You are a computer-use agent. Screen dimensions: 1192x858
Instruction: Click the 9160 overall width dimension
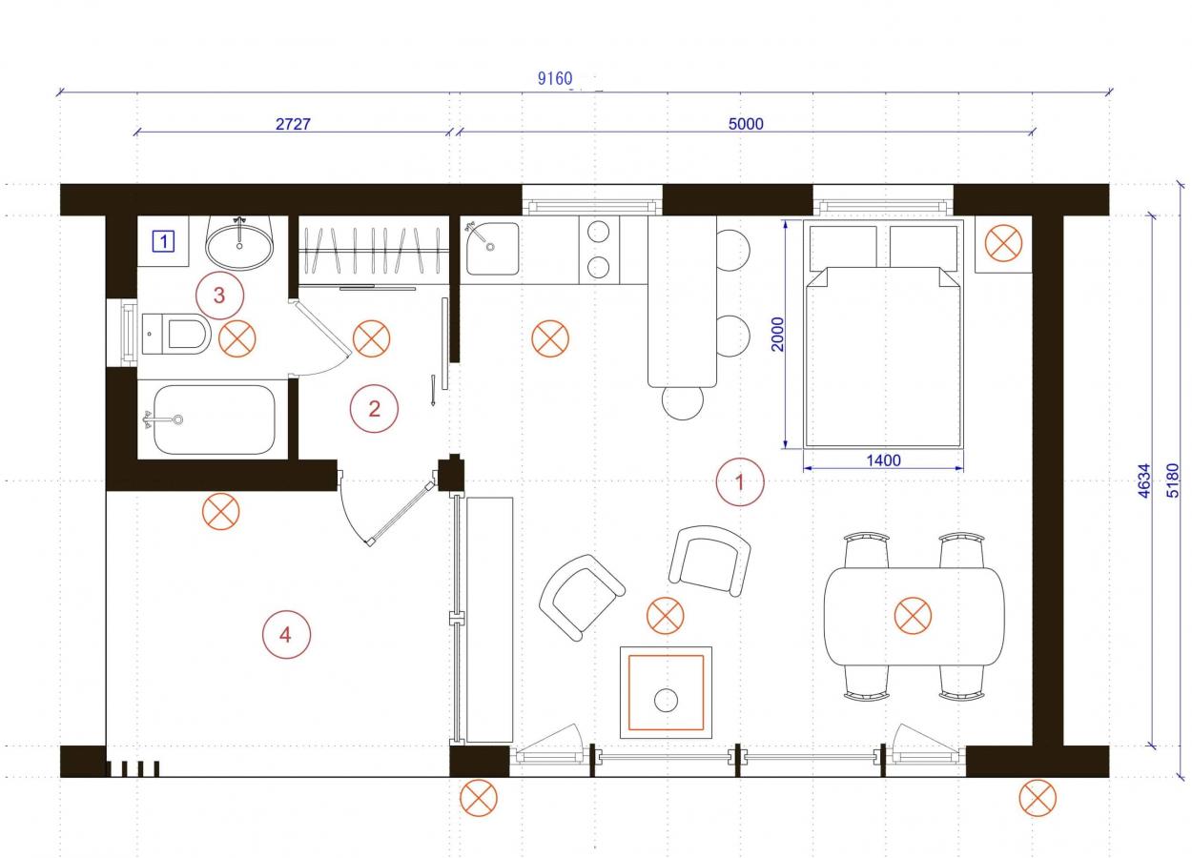pos(554,79)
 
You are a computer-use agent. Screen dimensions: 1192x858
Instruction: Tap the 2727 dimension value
pos(293,124)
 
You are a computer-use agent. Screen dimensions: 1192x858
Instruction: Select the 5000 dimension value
pos(746,124)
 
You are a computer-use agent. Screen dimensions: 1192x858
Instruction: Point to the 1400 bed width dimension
pos(883,460)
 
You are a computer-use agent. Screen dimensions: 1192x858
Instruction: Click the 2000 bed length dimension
pos(777,334)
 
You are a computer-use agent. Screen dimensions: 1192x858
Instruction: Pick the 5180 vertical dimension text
pos(1172,480)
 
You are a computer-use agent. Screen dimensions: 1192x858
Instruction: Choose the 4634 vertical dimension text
pos(1143,480)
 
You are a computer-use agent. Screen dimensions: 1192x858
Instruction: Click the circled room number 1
pos(740,482)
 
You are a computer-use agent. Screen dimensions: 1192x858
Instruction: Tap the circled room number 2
pos(374,409)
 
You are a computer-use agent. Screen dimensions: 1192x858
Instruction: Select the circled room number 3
pos(219,296)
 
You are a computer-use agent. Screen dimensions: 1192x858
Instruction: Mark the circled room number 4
pos(286,635)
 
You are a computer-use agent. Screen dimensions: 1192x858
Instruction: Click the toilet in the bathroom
pos(176,334)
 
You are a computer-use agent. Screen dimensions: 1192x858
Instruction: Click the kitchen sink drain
pos(490,247)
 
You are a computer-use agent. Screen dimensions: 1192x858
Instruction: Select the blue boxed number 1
pos(163,241)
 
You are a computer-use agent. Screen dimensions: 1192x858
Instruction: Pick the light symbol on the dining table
pos(913,616)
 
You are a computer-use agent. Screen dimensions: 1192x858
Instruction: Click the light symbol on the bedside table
pos(1003,243)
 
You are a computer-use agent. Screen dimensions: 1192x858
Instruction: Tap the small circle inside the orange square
pos(666,700)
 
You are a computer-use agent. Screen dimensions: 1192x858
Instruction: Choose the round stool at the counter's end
pos(683,402)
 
